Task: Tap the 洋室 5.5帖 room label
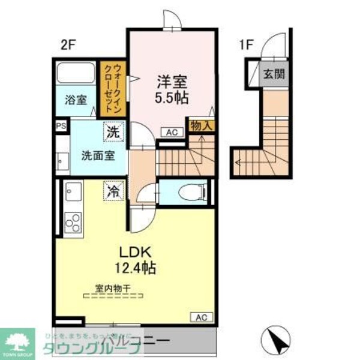[170, 89]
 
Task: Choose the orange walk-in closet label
[112, 88]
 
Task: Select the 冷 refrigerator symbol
[112, 191]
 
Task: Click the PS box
[60, 126]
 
